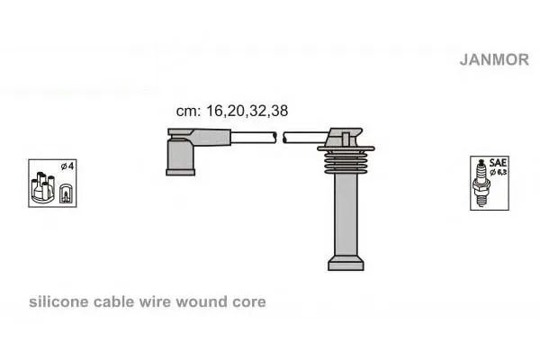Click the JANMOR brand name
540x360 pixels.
pyautogui.click(x=494, y=59)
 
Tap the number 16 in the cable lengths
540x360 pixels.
pyautogui.click(x=215, y=111)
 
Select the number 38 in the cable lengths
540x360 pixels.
pyautogui.click(x=279, y=111)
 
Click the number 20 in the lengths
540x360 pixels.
pyautogui.click(x=236, y=111)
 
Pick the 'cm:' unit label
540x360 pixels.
pyautogui.click(x=188, y=112)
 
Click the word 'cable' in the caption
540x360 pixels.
pyautogui.click(x=114, y=301)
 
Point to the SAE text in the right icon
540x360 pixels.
pyautogui.click(x=498, y=163)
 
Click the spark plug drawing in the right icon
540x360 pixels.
pyautogui.click(x=482, y=183)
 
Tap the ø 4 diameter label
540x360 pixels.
pyautogui.click(x=67, y=166)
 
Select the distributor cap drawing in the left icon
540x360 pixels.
pyautogui.click(x=42, y=188)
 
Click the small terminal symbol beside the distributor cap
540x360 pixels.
pyautogui.click(x=66, y=193)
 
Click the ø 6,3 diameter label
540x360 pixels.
pyautogui.click(x=499, y=172)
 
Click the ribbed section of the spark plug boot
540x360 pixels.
pyautogui.click(x=346, y=162)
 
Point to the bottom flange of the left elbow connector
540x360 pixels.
pyautogui.click(x=181, y=172)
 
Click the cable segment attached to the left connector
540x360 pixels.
pyautogui.click(x=254, y=138)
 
